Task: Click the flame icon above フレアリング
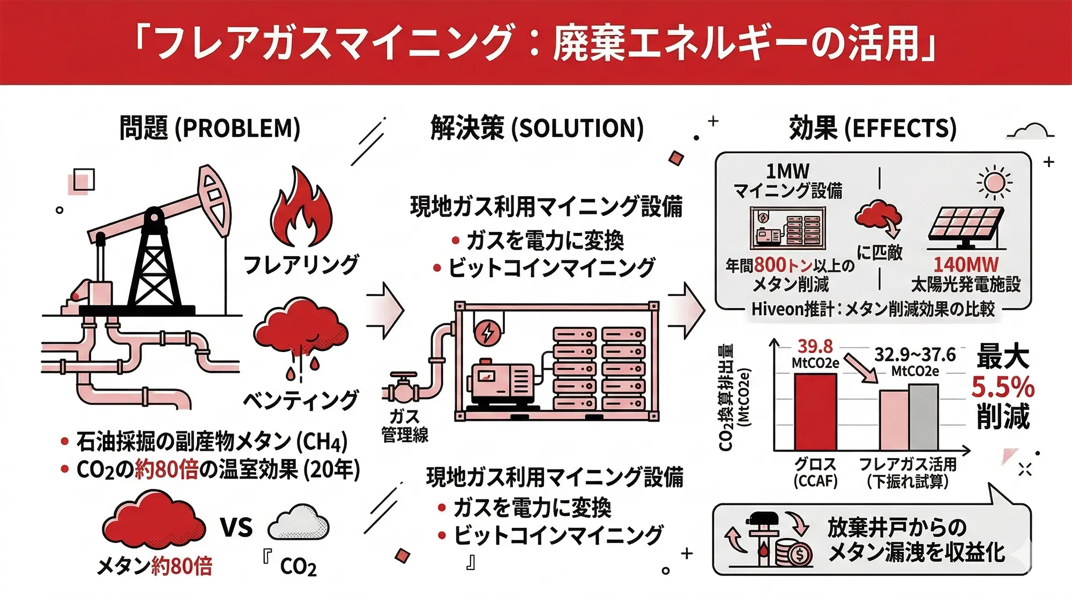click(x=301, y=209)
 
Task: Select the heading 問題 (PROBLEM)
click(x=210, y=129)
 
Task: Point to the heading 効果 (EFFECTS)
click(x=873, y=129)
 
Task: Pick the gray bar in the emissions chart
click(x=924, y=417)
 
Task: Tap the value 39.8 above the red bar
click(x=815, y=346)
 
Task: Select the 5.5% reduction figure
click(x=1003, y=386)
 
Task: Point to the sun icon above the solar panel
click(x=994, y=182)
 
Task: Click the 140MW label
click(x=966, y=265)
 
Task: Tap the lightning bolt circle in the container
click(x=488, y=332)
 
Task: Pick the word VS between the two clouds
click(x=236, y=528)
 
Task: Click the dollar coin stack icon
click(x=795, y=552)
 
